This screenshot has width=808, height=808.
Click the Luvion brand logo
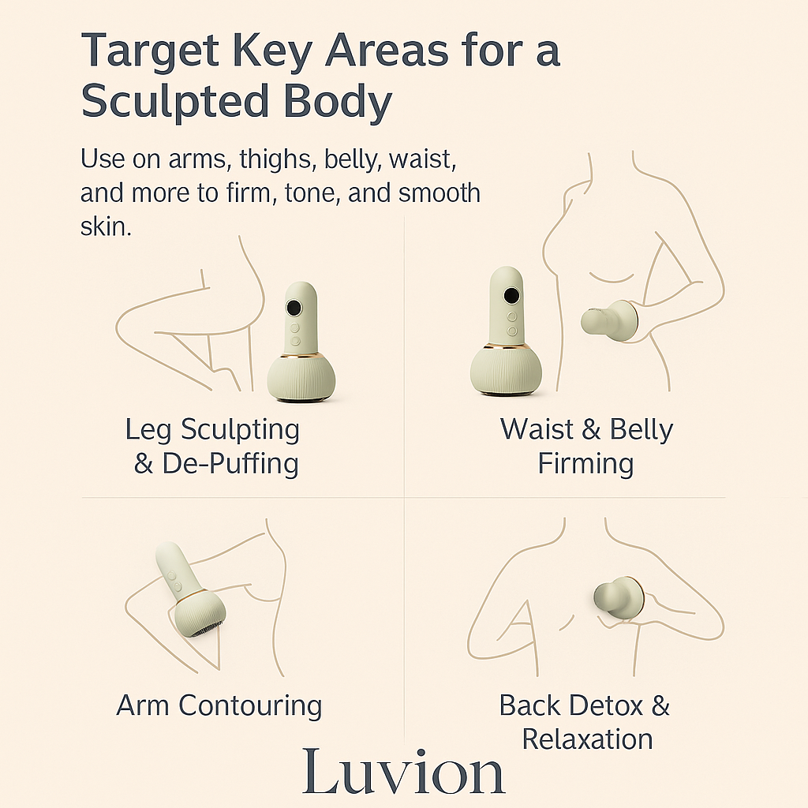coord(403,772)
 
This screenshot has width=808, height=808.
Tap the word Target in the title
coord(150,51)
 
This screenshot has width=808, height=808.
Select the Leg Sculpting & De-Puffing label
coord(212,447)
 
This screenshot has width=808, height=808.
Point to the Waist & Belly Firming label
coord(586,446)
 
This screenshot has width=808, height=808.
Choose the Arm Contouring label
coord(219,705)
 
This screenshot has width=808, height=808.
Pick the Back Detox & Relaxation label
coord(585,721)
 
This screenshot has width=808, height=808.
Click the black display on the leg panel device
coord(294,308)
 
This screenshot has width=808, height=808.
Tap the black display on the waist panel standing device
coord(511,296)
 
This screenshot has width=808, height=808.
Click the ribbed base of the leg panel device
coord(301,379)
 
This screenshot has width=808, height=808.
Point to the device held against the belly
coord(610,320)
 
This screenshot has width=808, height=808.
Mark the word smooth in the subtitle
coord(440,193)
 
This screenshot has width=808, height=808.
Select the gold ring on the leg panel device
coord(301,356)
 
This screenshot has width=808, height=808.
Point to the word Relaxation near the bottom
coord(587,739)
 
